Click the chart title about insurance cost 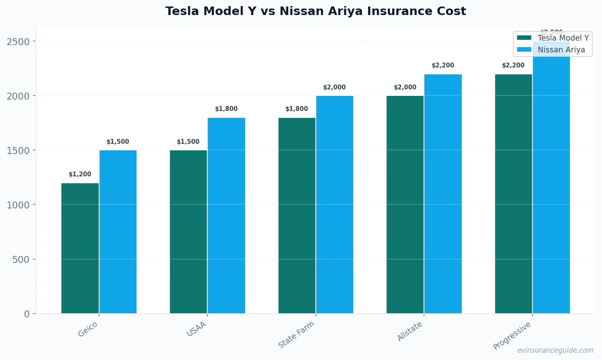click(x=315, y=11)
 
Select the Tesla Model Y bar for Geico click(x=80, y=248)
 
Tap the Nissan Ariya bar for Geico click(x=118, y=232)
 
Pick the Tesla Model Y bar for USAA click(x=188, y=232)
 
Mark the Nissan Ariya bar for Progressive click(x=551, y=183)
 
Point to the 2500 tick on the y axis click(x=18, y=41)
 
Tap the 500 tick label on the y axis click(x=21, y=259)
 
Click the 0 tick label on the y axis click(x=27, y=314)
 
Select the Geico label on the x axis click(x=88, y=329)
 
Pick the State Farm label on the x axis click(x=296, y=334)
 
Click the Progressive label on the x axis click(x=512, y=336)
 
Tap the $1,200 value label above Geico click(x=80, y=174)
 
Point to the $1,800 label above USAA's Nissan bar click(x=226, y=109)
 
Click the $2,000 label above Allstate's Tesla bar click(x=405, y=87)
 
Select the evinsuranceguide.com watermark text click(x=555, y=350)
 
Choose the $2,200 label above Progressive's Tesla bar click(x=513, y=65)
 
